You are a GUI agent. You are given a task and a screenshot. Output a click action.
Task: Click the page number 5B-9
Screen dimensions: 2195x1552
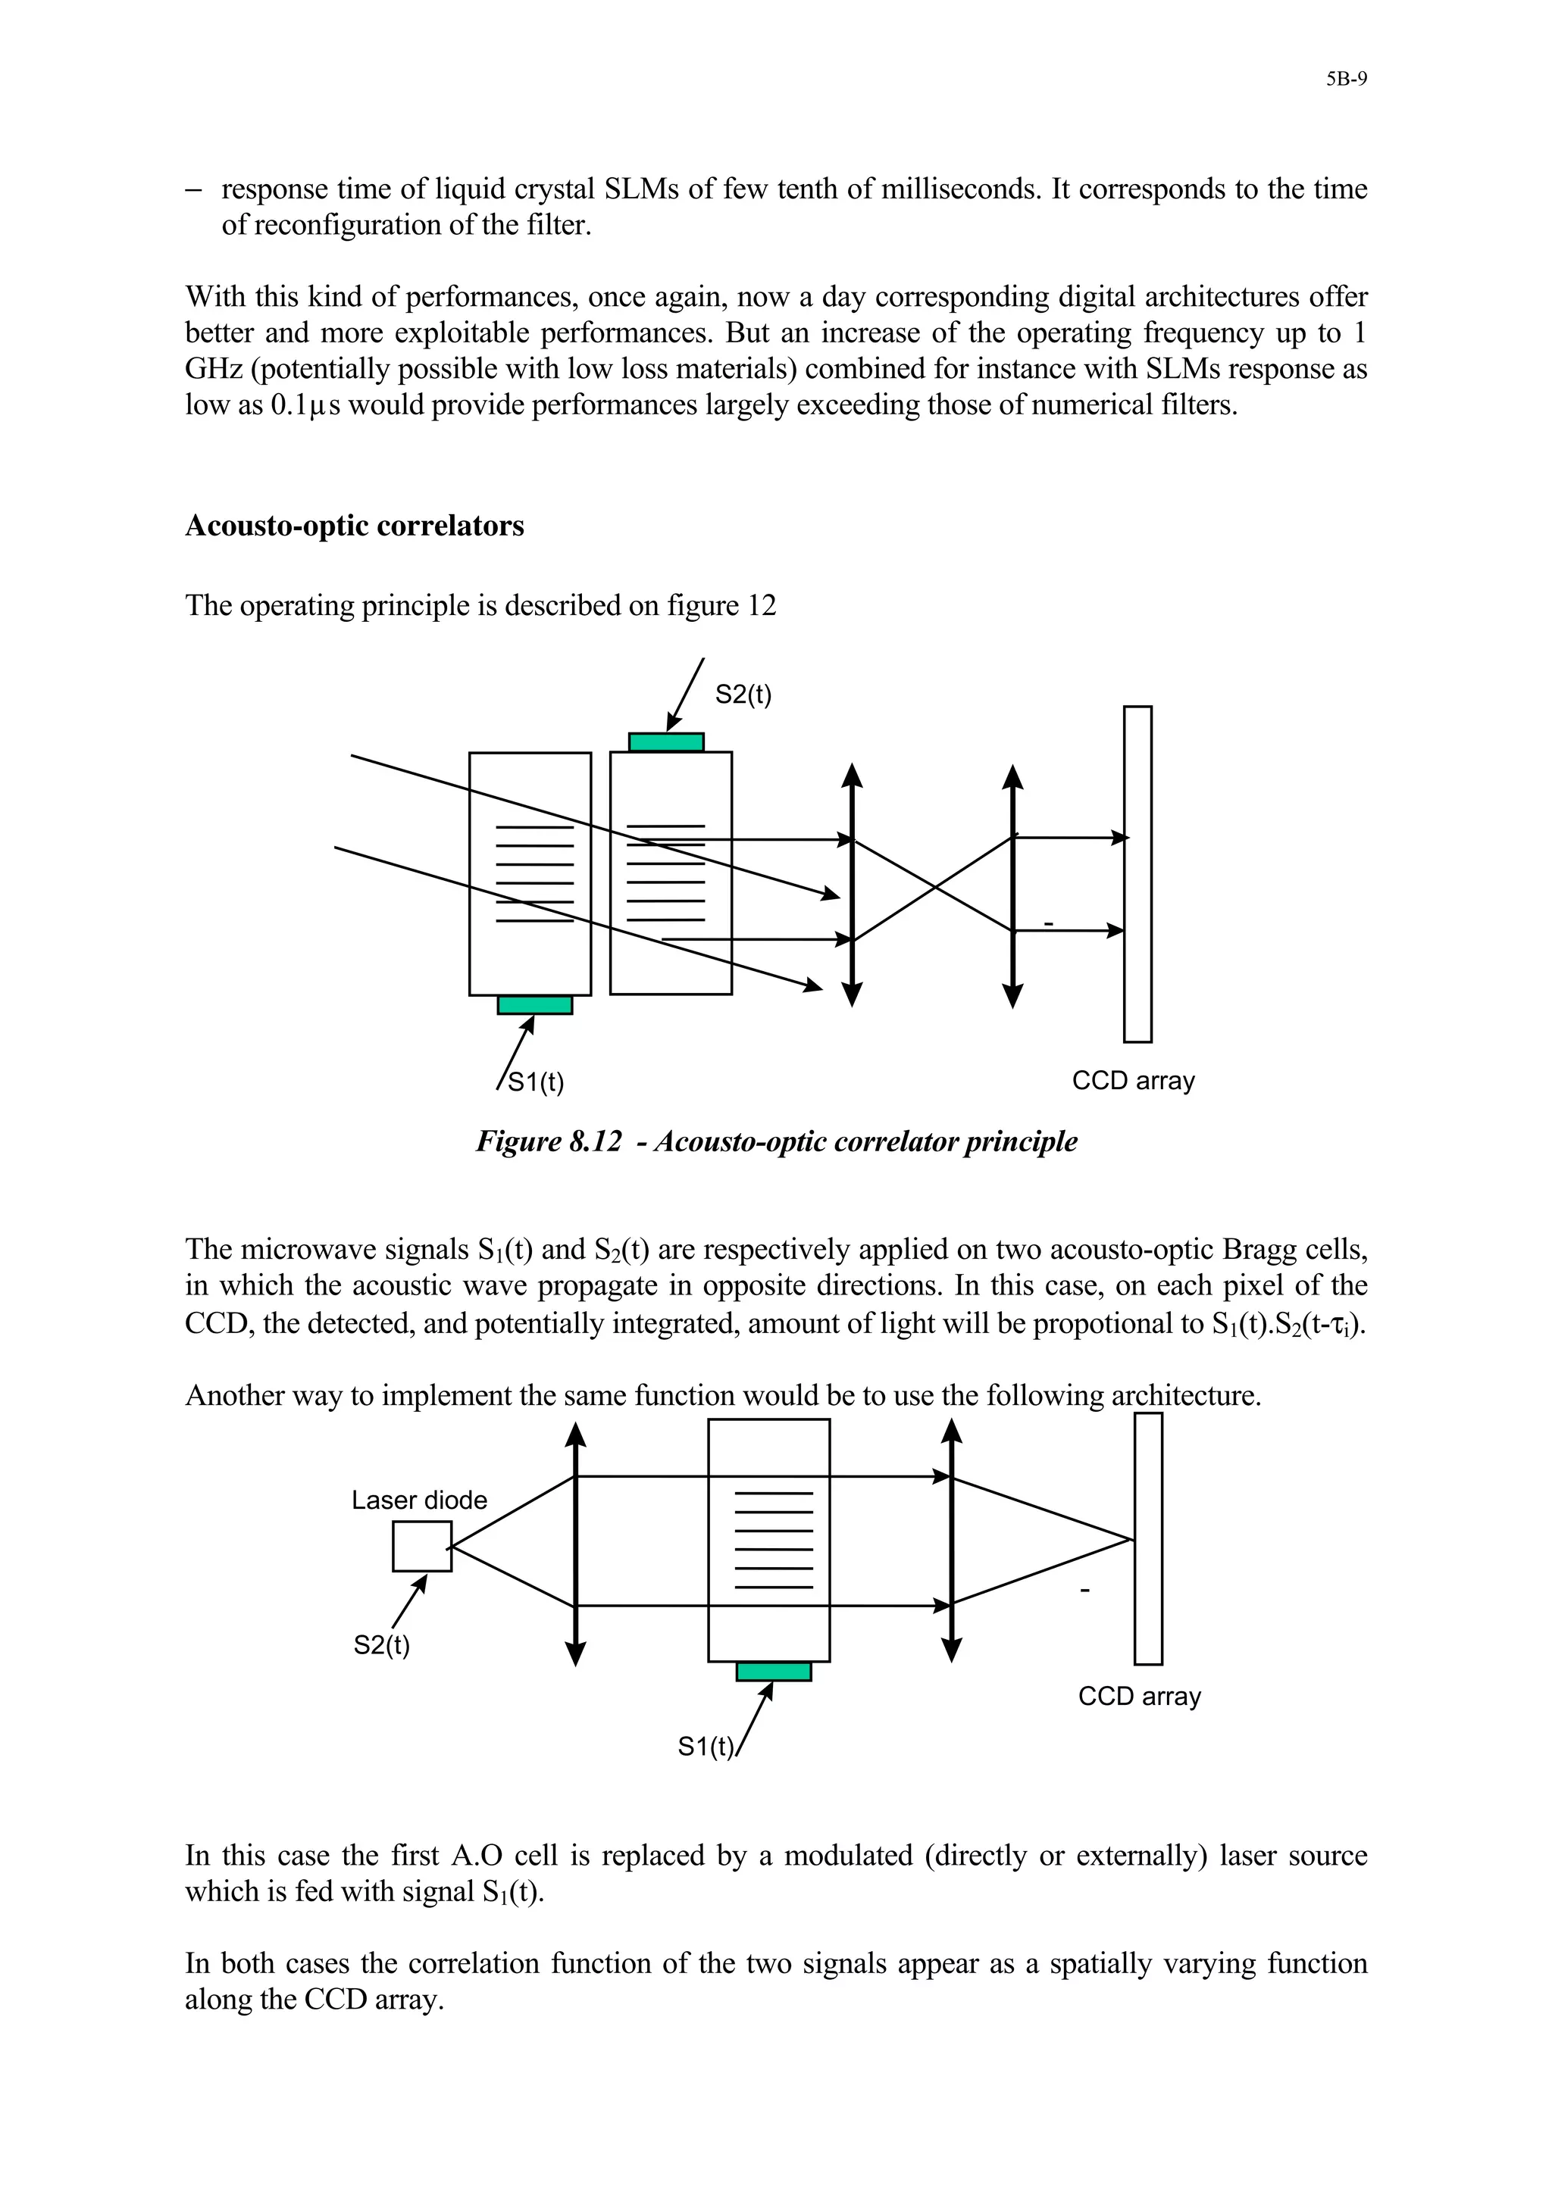click(x=1345, y=80)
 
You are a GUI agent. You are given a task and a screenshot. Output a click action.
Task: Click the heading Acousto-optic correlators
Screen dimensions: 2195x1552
click(x=354, y=526)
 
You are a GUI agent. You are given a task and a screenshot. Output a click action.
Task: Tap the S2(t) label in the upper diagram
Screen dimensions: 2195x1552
click(x=743, y=695)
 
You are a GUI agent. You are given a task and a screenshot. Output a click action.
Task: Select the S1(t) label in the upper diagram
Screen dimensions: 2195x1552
click(x=536, y=1082)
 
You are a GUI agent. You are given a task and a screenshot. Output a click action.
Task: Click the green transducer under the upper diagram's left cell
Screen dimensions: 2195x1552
click(x=534, y=1005)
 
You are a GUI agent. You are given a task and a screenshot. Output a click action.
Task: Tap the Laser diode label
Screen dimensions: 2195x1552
click(x=419, y=1500)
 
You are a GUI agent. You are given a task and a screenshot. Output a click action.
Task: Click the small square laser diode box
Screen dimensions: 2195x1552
click(x=421, y=1547)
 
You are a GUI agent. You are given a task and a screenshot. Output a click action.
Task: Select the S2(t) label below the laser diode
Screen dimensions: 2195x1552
click(x=381, y=1644)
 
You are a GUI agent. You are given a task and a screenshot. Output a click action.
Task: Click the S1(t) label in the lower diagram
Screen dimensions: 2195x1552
click(x=705, y=1747)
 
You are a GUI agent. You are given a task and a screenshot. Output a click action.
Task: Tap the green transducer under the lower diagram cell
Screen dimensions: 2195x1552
click(x=774, y=1671)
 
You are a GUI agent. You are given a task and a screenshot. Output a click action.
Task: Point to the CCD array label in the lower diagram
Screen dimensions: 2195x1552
click(x=1139, y=1696)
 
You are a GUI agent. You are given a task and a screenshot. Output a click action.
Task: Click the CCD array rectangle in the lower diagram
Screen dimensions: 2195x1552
click(x=1147, y=1539)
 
